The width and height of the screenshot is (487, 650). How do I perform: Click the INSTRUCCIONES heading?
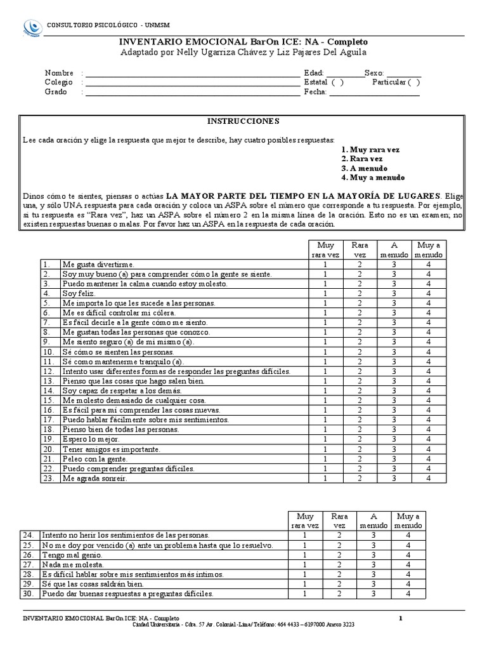[243, 121]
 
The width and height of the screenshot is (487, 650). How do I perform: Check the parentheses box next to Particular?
[413, 82]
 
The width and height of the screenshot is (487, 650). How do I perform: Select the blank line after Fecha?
[374, 93]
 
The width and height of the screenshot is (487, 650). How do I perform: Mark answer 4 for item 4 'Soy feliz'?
[428, 294]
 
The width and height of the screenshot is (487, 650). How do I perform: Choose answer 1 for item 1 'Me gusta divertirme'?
[325, 264]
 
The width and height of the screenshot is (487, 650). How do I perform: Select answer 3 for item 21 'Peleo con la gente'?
[394, 459]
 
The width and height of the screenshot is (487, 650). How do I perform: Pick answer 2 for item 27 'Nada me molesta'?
[339, 564]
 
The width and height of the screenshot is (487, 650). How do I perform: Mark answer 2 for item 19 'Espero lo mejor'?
[360, 439]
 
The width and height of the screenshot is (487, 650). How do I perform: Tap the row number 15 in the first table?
[49, 401]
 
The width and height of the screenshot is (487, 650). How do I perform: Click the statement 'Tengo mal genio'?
[71, 555]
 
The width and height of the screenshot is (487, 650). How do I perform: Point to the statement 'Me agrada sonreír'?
[94, 479]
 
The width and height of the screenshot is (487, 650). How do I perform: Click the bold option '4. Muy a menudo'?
[373, 178]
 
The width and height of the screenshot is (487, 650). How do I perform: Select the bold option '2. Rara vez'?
[361, 159]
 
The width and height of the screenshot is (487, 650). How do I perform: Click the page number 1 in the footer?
[400, 618]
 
